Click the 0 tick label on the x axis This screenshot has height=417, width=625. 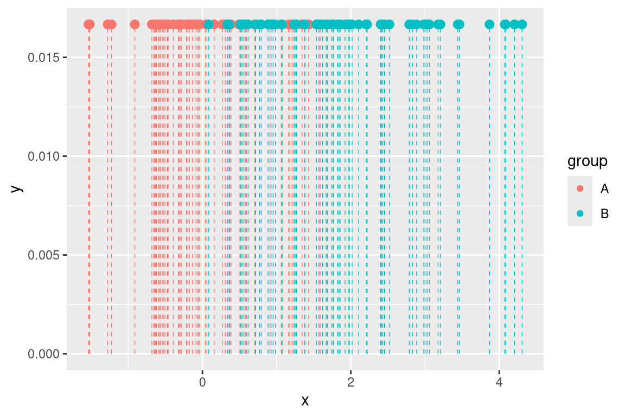click(x=202, y=382)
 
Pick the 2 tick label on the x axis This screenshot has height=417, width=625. click(x=350, y=382)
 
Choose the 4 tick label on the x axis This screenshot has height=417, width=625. click(x=499, y=382)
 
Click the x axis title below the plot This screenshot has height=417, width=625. click(x=305, y=401)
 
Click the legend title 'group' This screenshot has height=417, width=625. click(x=587, y=161)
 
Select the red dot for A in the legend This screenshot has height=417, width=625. click(x=580, y=188)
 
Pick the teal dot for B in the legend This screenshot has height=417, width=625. click(x=580, y=214)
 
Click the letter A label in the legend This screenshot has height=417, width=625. click(x=604, y=188)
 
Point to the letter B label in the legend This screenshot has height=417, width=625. click(x=604, y=214)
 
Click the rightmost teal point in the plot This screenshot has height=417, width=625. click(x=522, y=24)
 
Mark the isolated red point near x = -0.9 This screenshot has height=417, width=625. click(x=135, y=24)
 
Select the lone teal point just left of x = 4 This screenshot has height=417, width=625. click(x=489, y=24)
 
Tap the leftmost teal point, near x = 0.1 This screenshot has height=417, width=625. click(x=208, y=24)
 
